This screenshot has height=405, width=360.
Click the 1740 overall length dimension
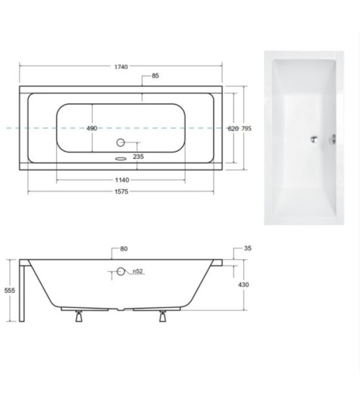120,67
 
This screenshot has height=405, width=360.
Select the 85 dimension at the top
156,77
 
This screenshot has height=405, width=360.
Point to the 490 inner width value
91,128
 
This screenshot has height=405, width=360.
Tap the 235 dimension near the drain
138,156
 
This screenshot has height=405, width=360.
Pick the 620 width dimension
232,128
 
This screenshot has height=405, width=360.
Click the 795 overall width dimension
246,128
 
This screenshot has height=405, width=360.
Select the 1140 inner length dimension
121,180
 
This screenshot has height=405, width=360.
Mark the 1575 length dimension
120,193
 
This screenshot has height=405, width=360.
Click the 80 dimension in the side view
123,249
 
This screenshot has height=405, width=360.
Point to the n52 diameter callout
137,271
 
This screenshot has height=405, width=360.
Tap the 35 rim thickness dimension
247,248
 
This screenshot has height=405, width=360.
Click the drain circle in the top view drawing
121,143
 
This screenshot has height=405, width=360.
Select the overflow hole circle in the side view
121,271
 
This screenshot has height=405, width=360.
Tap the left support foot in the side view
77,317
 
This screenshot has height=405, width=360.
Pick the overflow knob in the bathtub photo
334,140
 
